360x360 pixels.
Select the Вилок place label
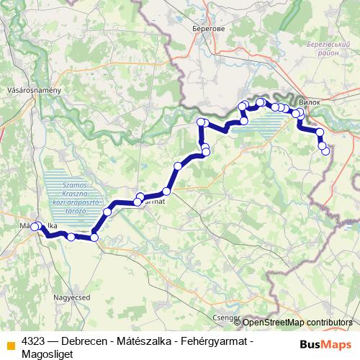[x=308, y=102]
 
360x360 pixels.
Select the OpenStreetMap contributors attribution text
[x=297, y=323]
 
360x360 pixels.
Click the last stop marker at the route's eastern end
[x=325, y=150]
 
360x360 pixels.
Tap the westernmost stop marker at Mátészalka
[x=35, y=228]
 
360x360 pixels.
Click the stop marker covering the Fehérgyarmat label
[x=138, y=202]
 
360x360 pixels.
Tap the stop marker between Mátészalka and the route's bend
[x=71, y=236]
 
